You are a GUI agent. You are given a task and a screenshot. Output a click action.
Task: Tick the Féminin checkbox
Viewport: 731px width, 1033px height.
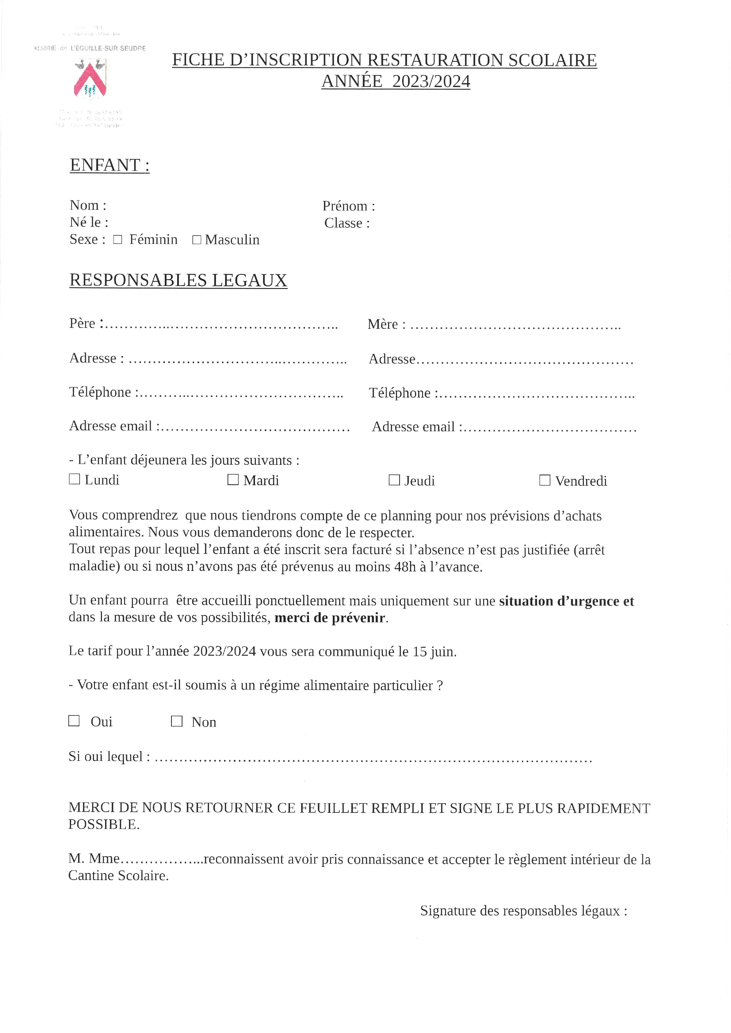click(x=118, y=240)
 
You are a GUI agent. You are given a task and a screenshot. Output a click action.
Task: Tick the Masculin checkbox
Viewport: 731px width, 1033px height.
click(x=196, y=240)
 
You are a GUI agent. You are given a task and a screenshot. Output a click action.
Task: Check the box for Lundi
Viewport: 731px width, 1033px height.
click(x=74, y=479)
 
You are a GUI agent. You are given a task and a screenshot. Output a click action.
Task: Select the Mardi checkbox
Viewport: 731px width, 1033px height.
click(x=233, y=480)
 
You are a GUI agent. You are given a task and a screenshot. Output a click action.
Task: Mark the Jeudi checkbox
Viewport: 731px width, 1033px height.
click(x=394, y=480)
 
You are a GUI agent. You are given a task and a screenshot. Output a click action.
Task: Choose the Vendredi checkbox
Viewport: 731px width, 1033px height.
click(x=545, y=480)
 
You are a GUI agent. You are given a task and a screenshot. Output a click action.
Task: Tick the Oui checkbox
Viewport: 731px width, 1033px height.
click(x=74, y=721)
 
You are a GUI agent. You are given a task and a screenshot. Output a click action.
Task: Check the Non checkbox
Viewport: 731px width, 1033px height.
click(x=177, y=721)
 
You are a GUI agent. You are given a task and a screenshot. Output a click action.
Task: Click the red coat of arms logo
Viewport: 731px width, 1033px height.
click(x=90, y=79)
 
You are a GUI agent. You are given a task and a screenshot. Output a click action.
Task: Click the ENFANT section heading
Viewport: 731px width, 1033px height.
click(x=109, y=165)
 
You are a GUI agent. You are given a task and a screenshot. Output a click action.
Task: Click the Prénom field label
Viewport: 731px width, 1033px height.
click(x=348, y=206)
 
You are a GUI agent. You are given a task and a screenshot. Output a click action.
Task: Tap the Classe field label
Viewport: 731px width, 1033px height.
click(x=347, y=223)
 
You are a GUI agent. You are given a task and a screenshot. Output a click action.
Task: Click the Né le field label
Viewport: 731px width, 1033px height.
click(x=89, y=222)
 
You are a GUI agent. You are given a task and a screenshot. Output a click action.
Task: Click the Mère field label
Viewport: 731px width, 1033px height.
click(x=386, y=324)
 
